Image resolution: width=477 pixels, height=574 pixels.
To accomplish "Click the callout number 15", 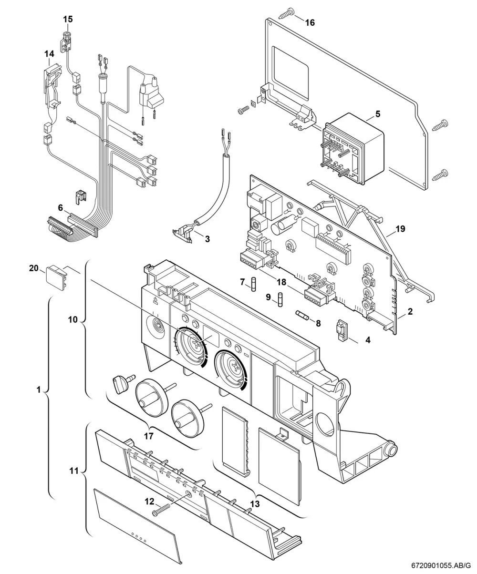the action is point(68,19).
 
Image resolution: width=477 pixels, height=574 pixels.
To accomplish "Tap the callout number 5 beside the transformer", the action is point(378,113).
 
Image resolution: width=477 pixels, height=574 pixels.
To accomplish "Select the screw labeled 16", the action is point(286,13).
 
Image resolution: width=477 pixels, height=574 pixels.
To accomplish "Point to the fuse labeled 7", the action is point(254,284).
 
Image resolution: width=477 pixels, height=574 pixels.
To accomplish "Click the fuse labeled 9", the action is point(280,300).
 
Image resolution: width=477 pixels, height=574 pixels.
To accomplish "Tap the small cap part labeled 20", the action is point(57,277).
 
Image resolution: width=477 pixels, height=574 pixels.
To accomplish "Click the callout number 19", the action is point(400,229).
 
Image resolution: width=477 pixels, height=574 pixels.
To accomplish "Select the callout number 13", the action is point(255,504).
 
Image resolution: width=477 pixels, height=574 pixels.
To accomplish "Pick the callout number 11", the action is point(74,471).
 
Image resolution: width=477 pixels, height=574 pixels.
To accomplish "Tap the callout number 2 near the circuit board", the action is point(410,311).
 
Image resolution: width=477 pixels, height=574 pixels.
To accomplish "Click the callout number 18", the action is point(281,282).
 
